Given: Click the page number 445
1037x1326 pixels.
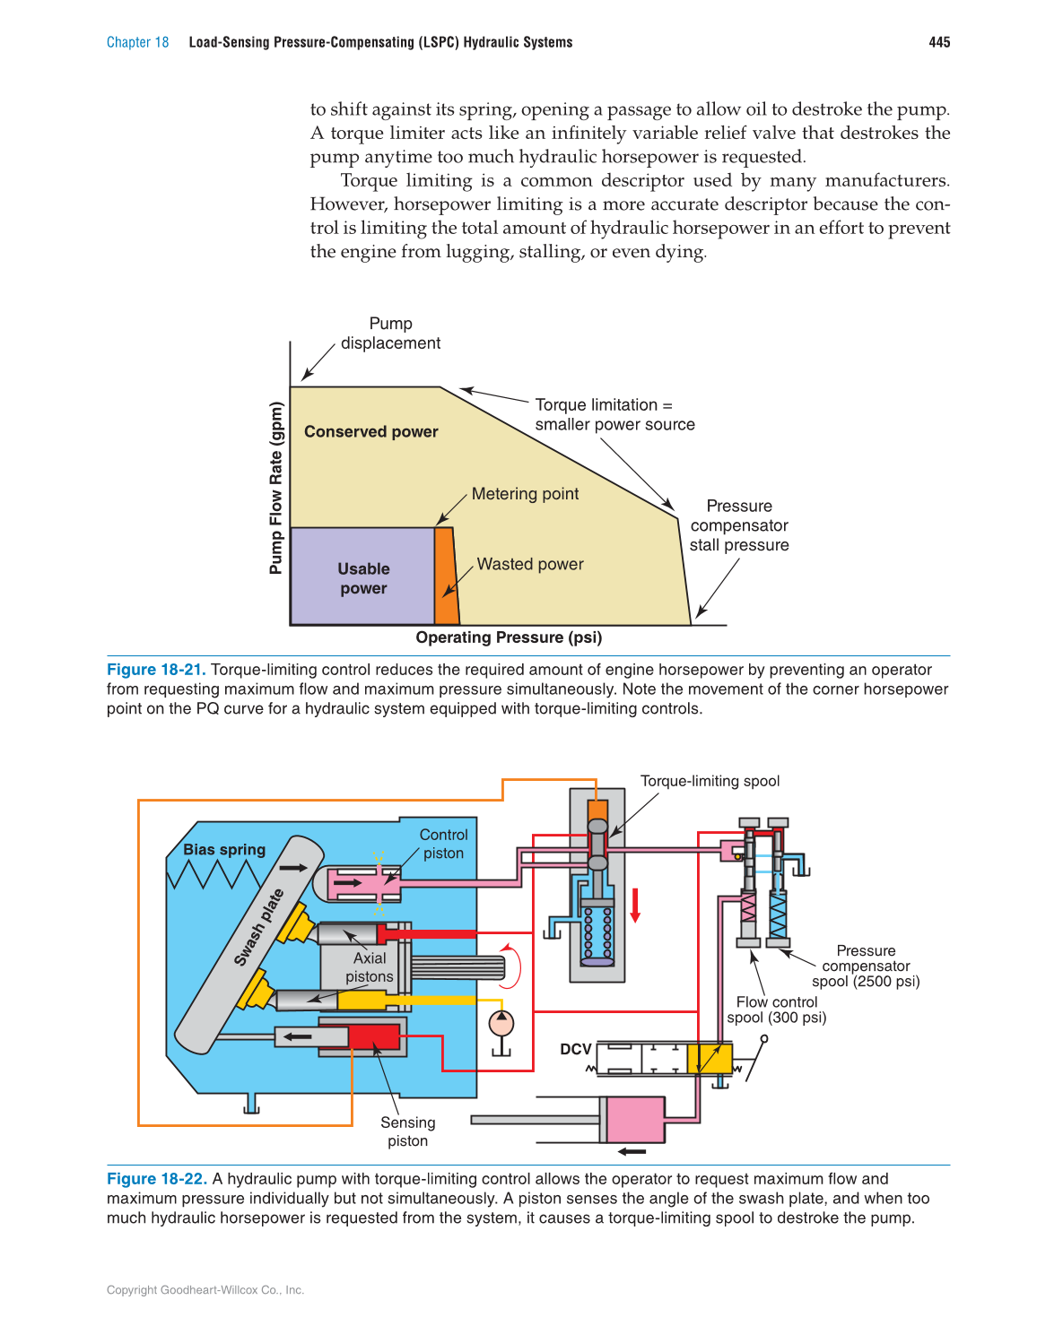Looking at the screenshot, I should click(x=939, y=42).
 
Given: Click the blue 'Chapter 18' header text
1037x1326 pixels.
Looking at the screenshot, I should click(x=137, y=42).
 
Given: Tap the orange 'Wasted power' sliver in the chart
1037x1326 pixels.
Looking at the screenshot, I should click(x=445, y=576).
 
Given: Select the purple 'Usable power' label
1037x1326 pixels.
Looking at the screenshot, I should click(x=363, y=578).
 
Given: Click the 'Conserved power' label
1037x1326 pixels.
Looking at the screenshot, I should click(x=370, y=431).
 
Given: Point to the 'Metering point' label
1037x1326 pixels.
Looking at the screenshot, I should click(x=525, y=494).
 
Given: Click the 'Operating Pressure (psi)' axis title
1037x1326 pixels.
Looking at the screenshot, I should click(x=509, y=637).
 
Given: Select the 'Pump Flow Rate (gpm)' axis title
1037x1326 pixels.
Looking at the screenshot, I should click(x=276, y=488).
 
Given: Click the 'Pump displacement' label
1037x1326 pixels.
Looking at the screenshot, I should click(x=390, y=334).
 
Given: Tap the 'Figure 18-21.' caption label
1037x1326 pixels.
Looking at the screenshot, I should click(x=156, y=670).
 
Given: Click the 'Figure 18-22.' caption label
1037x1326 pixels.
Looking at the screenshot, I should click(x=157, y=1179).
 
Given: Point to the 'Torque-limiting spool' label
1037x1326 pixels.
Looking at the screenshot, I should click(x=710, y=781).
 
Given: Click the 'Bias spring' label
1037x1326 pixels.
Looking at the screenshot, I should click(x=224, y=849).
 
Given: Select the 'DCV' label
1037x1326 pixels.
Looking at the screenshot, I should click(x=576, y=1049).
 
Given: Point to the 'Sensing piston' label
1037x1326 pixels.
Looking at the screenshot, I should click(x=407, y=1131).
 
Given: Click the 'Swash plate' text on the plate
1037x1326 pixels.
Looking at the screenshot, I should click(x=258, y=927).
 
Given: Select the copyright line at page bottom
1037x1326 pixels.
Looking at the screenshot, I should click(x=205, y=1290).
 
